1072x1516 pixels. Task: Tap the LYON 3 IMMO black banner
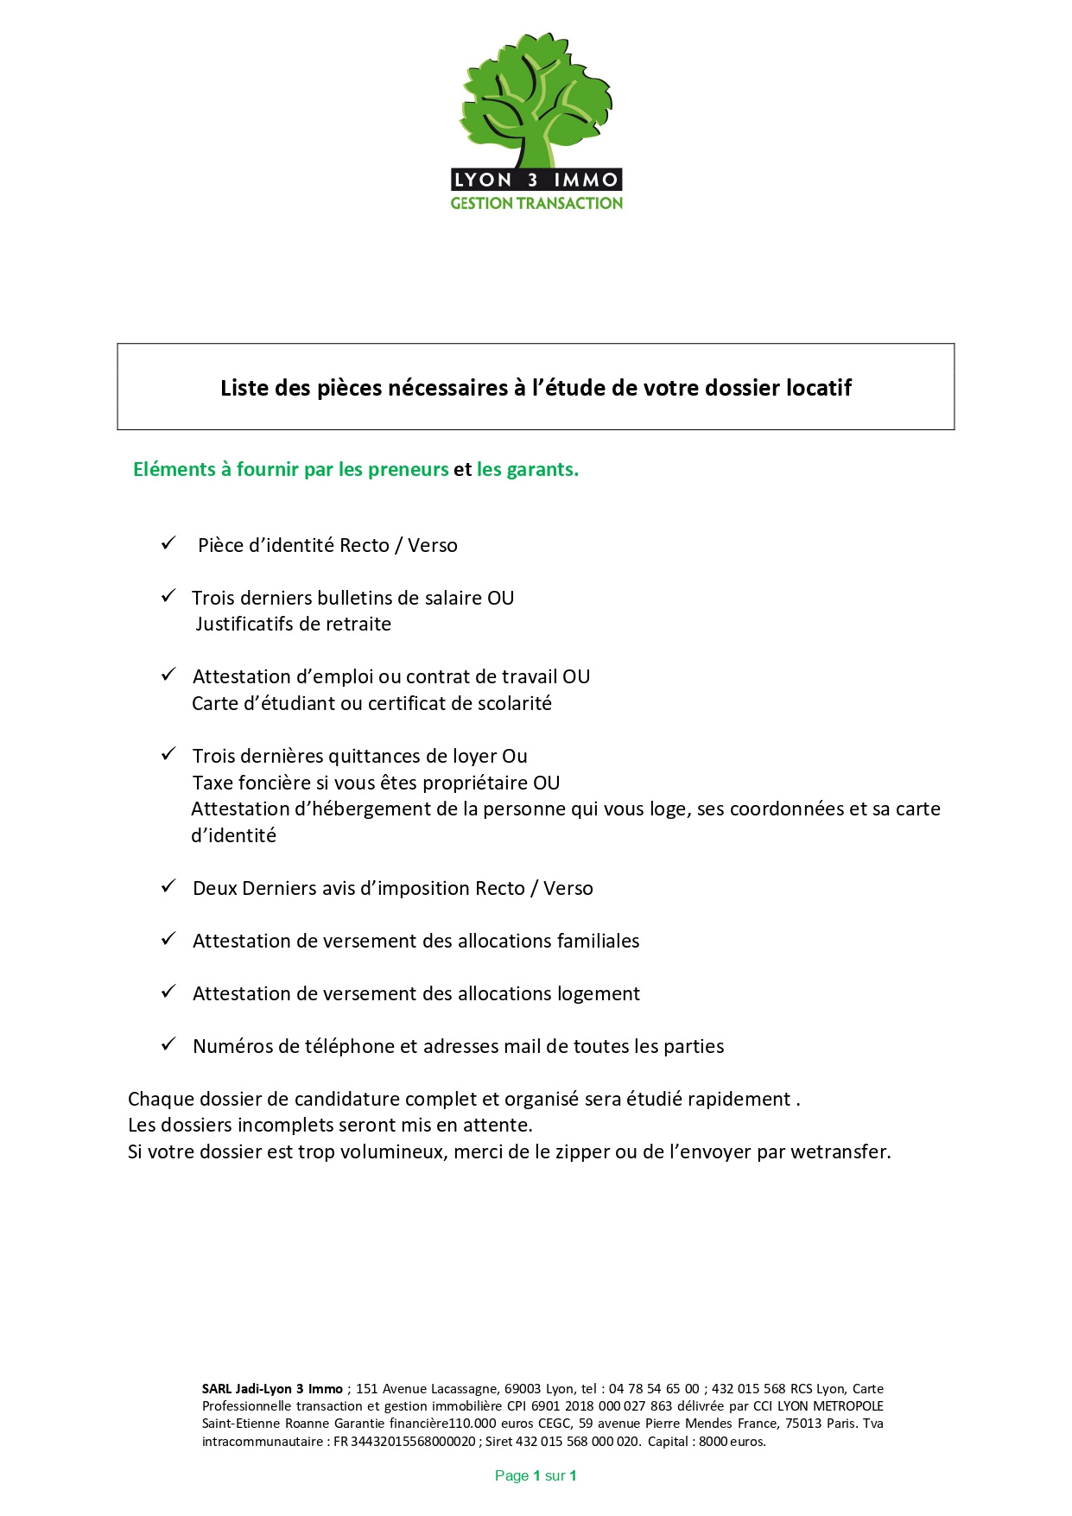point(536,180)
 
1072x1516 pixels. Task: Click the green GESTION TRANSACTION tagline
point(536,204)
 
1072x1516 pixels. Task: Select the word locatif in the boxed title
point(818,388)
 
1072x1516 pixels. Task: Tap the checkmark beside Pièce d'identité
point(168,543)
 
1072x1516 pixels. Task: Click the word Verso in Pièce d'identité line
point(433,545)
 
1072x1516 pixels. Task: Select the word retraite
point(358,624)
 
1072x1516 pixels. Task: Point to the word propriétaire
point(466,783)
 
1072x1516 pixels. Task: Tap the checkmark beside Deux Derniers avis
point(168,886)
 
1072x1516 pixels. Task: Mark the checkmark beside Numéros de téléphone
point(168,1044)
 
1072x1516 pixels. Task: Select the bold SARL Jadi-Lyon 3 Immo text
point(272,1388)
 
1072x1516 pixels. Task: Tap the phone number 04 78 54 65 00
point(654,1388)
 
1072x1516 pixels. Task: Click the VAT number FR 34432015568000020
point(404,1441)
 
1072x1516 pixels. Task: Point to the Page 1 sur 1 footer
point(536,1475)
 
